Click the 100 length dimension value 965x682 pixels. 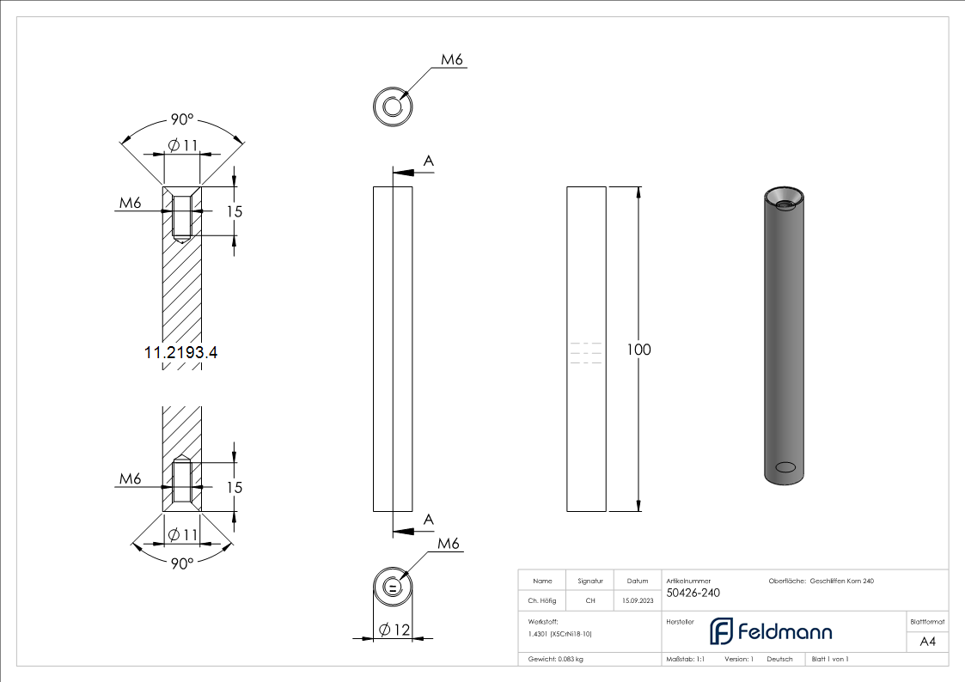point(638,350)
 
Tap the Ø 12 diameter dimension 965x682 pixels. point(394,630)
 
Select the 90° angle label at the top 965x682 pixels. point(181,119)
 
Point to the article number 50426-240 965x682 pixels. point(693,593)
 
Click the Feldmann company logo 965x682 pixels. point(770,631)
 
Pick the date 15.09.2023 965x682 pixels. point(637,600)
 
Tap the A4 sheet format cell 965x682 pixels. point(927,642)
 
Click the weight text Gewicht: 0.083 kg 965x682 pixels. point(556,659)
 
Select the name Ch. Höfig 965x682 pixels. point(541,600)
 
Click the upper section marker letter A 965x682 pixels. point(429,161)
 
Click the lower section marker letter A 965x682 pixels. point(429,520)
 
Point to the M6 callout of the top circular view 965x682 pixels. point(452,60)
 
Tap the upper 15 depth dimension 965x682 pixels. point(234,211)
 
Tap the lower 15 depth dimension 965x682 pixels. point(234,487)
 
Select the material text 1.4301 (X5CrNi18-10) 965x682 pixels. point(560,633)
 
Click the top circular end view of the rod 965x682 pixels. point(393,107)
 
